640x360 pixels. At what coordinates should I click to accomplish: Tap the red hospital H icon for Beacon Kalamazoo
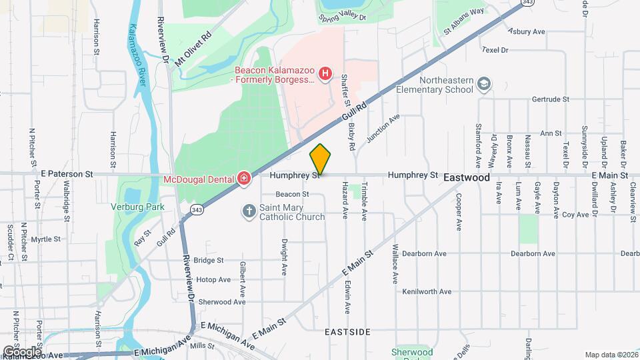325,73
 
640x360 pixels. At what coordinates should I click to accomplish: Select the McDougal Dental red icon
245,178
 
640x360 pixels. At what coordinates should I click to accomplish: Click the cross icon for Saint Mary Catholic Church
249,211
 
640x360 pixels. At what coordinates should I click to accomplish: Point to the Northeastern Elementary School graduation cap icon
484,83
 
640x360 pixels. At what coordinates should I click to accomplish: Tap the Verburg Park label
137,207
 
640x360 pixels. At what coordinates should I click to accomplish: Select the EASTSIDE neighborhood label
347,331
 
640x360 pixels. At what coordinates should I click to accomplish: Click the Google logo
22,351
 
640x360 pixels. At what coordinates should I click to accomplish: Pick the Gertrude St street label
551,99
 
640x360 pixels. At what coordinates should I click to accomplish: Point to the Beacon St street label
293,194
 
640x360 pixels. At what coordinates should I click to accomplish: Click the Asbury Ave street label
527,31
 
